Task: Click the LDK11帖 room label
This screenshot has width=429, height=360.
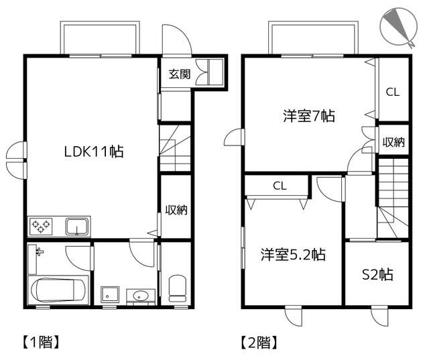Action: [94, 152]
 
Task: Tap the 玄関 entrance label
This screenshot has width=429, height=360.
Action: [180, 74]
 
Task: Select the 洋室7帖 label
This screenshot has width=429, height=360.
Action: [309, 116]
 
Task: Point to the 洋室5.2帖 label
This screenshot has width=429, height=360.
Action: [293, 254]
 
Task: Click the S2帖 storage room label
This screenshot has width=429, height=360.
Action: [377, 274]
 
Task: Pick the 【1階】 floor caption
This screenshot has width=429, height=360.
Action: [40, 342]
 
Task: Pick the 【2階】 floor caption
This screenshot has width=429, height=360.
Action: [259, 342]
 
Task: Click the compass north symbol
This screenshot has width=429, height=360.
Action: [399, 27]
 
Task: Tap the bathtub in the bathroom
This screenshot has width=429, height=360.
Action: [58, 290]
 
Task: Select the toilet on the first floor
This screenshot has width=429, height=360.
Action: [177, 288]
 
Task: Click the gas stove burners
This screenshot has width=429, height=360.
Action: [41, 226]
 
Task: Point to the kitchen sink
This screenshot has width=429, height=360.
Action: [78, 227]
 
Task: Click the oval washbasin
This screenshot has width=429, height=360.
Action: [141, 296]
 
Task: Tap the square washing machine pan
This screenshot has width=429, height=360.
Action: [110, 294]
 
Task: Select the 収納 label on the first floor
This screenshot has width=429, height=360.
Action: [176, 210]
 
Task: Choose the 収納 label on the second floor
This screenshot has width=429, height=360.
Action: [393, 142]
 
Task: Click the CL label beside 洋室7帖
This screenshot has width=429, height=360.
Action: [393, 93]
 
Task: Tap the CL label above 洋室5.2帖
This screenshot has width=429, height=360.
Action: [280, 186]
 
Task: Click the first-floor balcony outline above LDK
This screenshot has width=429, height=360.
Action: [100, 23]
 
